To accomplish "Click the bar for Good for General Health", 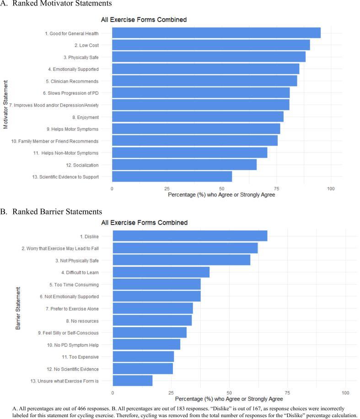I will coord(216,33).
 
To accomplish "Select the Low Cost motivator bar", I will coord(210,45).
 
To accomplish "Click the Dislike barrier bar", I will coord(190,236).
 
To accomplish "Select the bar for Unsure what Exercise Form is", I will coord(133,380).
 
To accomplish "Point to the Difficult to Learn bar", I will coord(161,272).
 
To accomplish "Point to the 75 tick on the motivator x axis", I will coord(276,188).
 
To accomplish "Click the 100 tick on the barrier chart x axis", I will coord(345,392).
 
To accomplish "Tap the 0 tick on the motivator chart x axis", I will coord(112,188).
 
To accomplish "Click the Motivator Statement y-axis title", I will coord(6,105).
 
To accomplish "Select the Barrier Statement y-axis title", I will coord(18,308).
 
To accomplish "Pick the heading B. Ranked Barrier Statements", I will coord(51,212).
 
